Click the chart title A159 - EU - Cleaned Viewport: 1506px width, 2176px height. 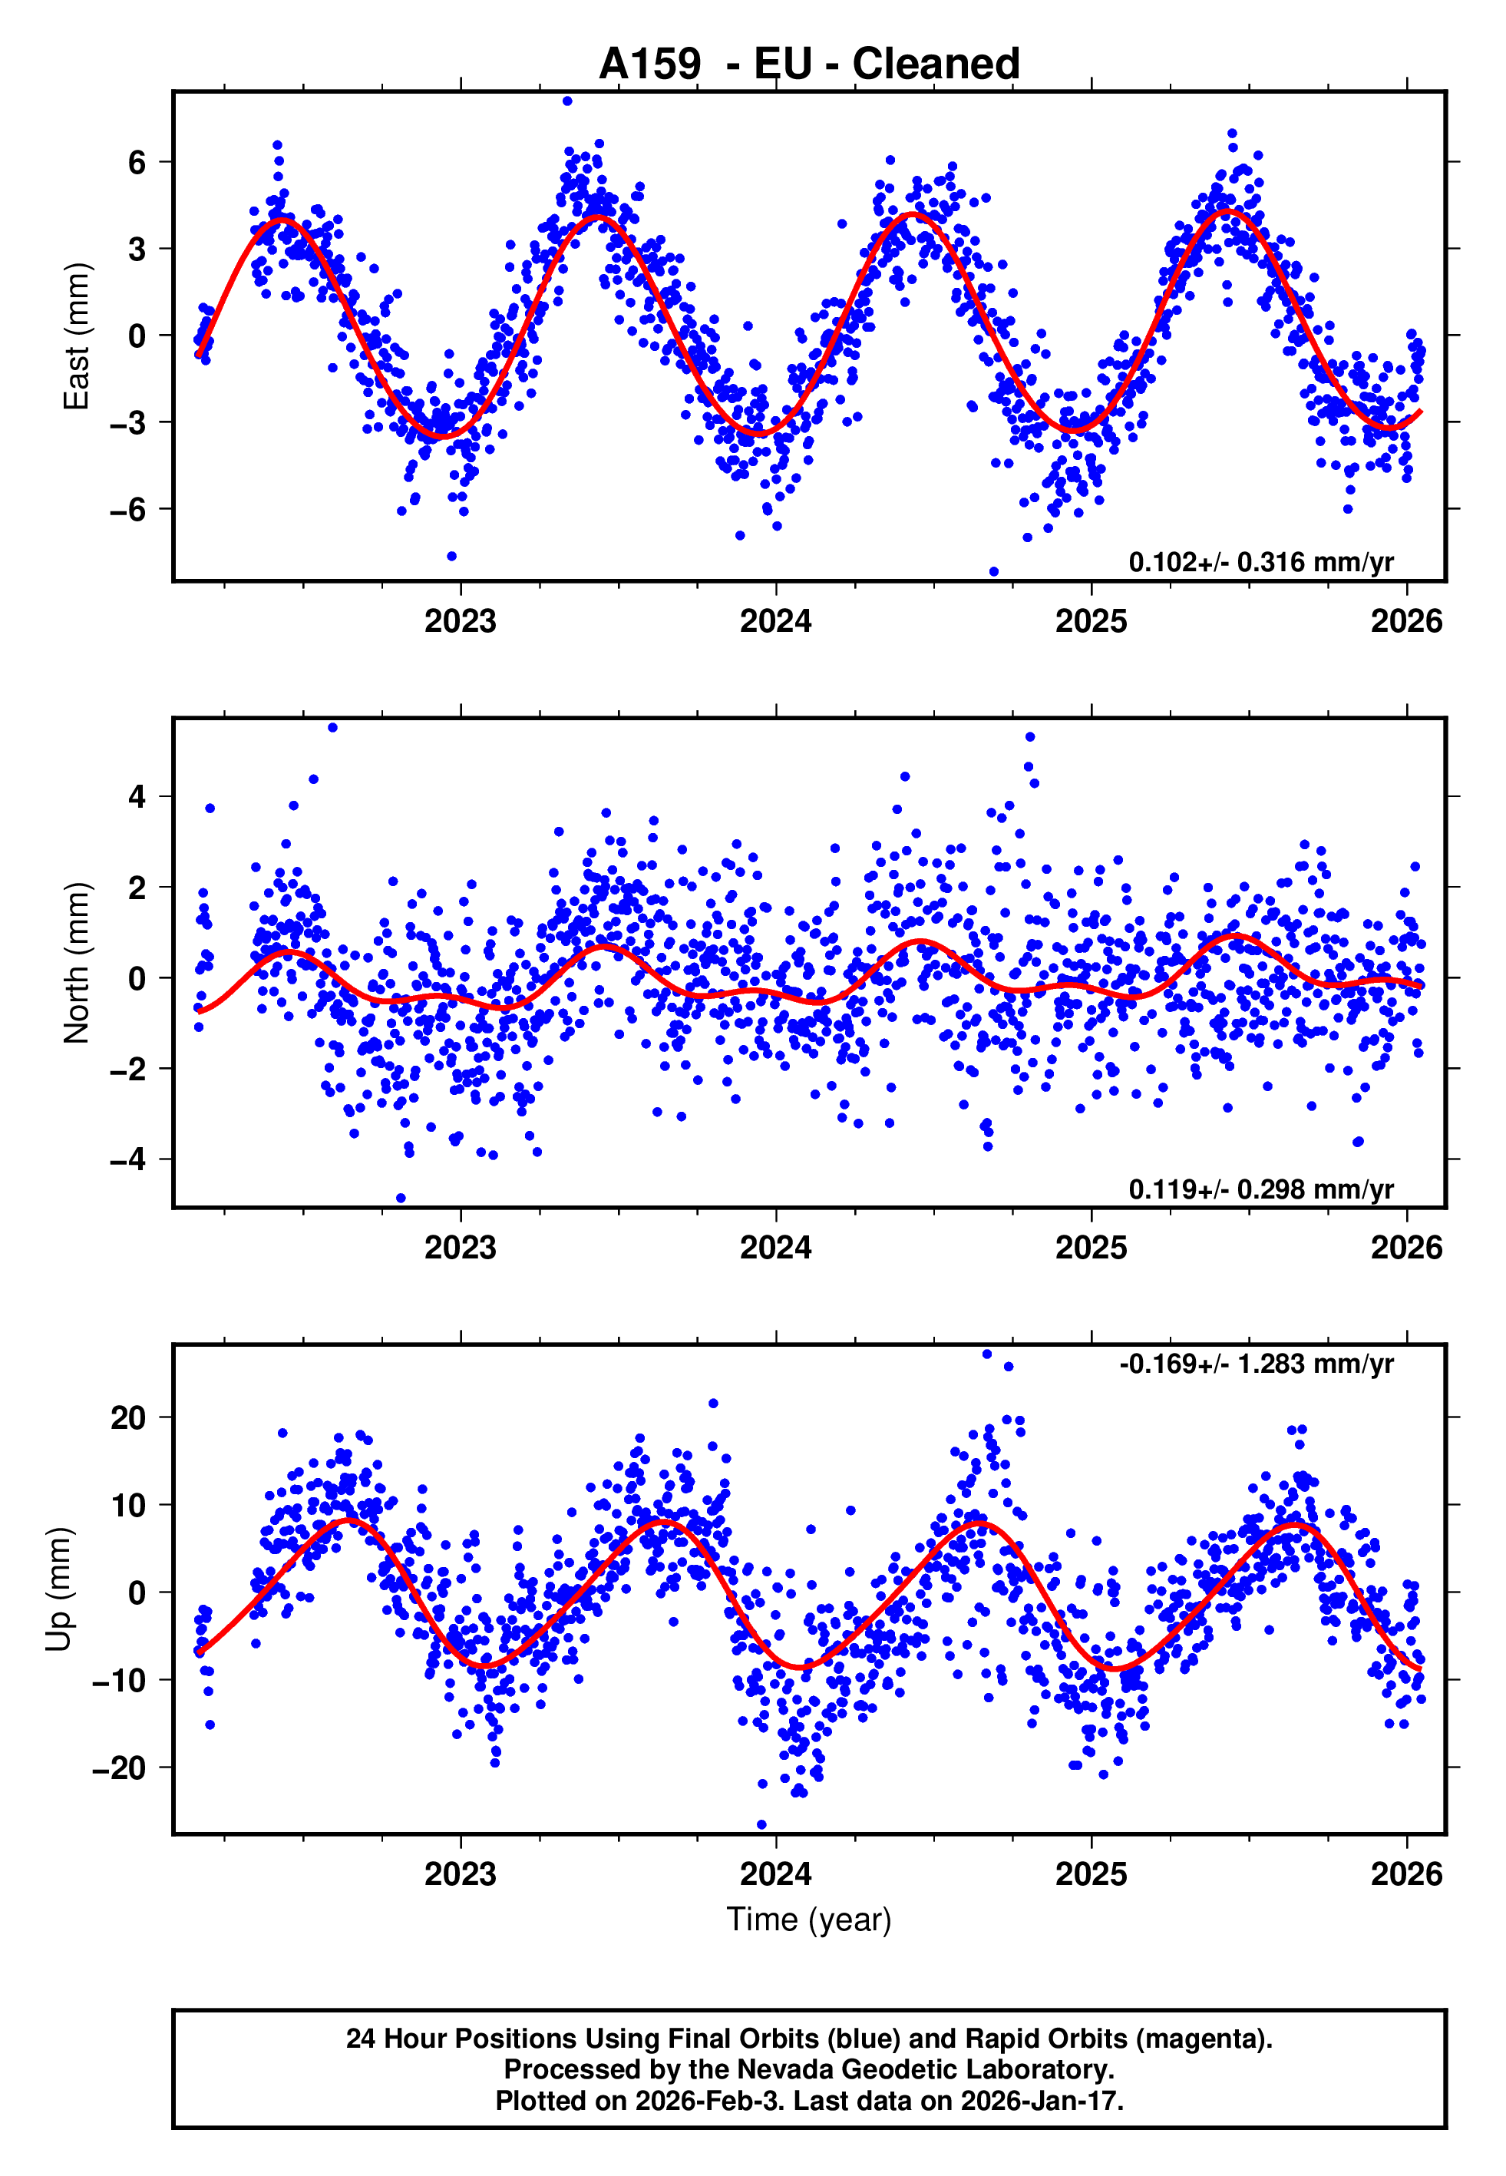tap(809, 64)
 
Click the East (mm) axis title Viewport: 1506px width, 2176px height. tap(75, 336)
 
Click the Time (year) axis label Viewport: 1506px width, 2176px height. tap(809, 1920)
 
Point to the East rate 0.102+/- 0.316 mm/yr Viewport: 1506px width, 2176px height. tap(1260, 561)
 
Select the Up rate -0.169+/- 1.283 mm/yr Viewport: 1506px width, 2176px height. tap(1256, 1364)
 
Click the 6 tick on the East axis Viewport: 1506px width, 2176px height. tap(137, 162)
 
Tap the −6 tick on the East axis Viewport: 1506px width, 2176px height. tap(128, 510)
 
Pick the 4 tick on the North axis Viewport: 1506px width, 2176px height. tap(137, 796)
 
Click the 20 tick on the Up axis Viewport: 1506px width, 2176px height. tap(128, 1417)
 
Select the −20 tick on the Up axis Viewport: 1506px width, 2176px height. tap(119, 1768)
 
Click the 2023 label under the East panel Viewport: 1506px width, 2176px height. tap(460, 621)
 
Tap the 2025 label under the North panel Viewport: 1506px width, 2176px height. tap(1091, 1248)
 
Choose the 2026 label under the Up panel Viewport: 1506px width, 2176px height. tap(1406, 1874)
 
